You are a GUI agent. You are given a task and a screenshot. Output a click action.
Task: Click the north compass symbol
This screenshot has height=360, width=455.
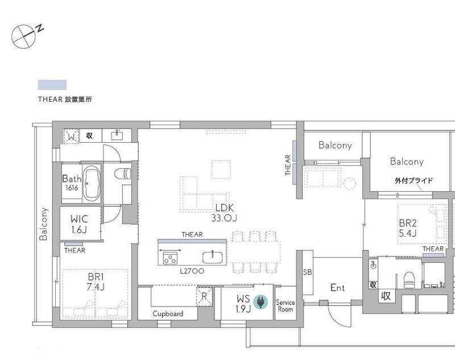click(x=24, y=36)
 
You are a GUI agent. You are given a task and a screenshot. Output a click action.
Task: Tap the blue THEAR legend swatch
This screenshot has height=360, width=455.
click(x=52, y=85)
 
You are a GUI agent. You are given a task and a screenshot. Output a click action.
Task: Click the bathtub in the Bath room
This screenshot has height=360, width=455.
click(x=92, y=184)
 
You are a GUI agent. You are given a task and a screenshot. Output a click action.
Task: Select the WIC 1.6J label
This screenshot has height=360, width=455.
click(x=79, y=224)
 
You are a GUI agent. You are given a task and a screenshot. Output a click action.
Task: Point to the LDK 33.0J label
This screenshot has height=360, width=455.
click(x=224, y=213)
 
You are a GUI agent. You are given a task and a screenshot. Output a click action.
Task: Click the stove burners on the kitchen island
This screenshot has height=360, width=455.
click(x=170, y=258)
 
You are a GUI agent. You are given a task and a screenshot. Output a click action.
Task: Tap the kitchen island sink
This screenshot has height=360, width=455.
click(x=212, y=258)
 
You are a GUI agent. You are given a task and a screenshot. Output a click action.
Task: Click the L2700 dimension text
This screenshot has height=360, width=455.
click(x=192, y=271)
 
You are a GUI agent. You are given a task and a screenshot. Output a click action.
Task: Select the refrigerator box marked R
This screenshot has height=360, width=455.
click(x=204, y=296)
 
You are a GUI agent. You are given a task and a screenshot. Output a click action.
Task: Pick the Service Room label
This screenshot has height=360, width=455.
click(x=286, y=306)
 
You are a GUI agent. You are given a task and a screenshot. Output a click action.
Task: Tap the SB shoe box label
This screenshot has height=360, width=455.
click(x=307, y=272)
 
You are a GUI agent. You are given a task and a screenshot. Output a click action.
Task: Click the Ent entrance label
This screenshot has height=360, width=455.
click(x=337, y=288)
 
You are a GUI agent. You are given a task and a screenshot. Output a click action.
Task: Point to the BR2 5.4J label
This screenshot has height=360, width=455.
click(x=408, y=228)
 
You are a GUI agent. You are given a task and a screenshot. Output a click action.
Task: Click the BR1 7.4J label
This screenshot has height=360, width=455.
click(x=95, y=282)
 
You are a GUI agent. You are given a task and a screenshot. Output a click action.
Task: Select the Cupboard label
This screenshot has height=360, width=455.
click(x=168, y=314)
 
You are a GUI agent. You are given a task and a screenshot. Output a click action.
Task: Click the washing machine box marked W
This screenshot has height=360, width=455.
click(x=71, y=136)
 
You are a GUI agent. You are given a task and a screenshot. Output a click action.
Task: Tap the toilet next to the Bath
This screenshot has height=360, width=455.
click(x=123, y=174)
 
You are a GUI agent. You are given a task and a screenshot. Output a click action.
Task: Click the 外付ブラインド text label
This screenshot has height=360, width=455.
click(x=413, y=180)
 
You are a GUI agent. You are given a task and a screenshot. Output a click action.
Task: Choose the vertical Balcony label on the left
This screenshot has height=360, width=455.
click(x=44, y=224)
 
